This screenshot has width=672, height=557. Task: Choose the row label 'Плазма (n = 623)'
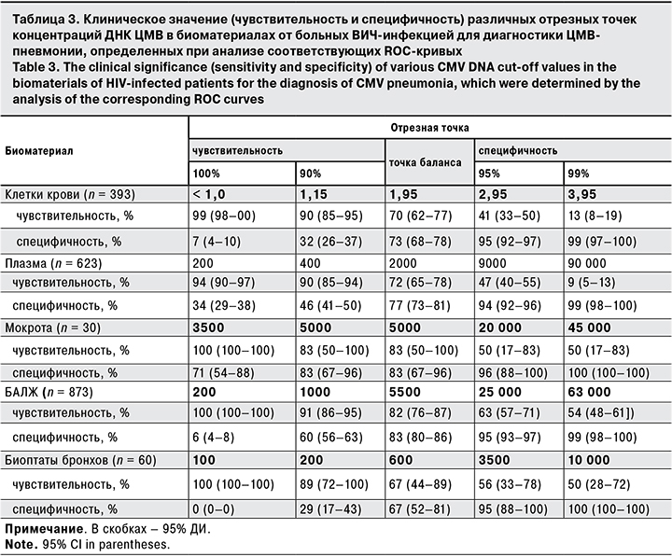(56, 264)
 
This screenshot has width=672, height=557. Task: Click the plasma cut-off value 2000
(403, 264)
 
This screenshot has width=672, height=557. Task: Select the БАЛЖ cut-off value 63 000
(590, 392)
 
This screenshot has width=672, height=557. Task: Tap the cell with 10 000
(590, 461)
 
